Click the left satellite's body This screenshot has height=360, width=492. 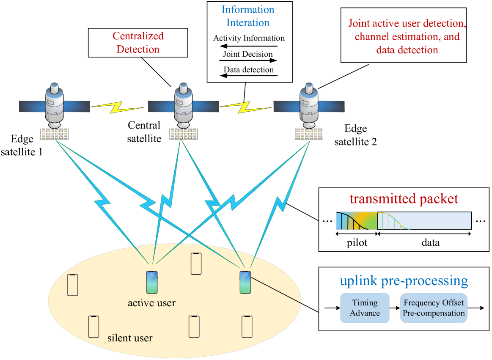(x=55, y=106)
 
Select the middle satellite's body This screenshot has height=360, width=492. (x=183, y=106)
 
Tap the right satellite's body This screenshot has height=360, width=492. (x=308, y=106)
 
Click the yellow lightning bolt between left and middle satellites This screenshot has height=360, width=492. (x=118, y=107)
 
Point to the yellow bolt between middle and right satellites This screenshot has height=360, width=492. (x=246, y=107)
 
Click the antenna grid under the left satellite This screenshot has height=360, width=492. (x=55, y=134)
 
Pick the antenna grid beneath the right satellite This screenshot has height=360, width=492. (x=309, y=134)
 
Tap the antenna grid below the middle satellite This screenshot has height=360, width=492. (x=183, y=134)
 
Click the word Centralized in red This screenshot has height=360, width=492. (x=138, y=36)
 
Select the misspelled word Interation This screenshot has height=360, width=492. (x=248, y=23)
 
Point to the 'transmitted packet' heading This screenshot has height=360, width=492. (x=404, y=199)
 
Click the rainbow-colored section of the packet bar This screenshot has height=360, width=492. (x=356, y=221)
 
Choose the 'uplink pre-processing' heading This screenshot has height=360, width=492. (x=404, y=281)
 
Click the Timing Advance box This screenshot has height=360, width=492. (x=365, y=308)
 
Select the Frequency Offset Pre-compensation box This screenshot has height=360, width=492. (x=434, y=308)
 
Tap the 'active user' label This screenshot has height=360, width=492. (x=151, y=303)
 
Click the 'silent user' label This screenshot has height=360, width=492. (x=130, y=338)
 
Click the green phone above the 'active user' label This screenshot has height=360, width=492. (x=151, y=282)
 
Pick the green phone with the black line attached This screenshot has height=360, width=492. (x=245, y=282)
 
